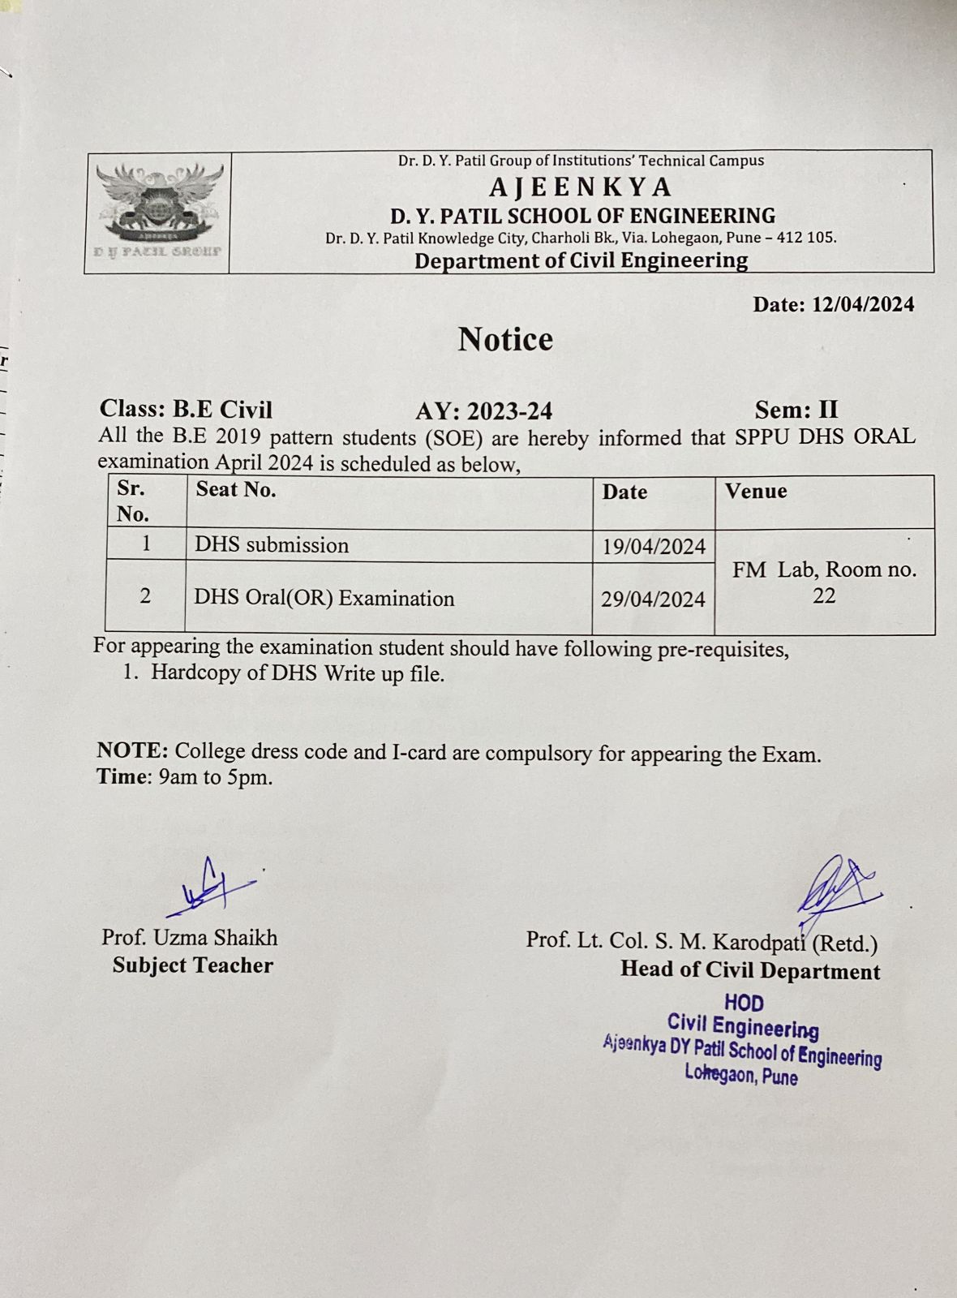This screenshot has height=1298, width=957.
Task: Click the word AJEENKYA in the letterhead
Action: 580,187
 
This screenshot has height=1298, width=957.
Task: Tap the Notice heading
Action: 505,339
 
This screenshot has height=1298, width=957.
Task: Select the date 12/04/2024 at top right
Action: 863,304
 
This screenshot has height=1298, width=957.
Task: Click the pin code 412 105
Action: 806,238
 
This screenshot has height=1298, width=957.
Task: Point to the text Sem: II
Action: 796,409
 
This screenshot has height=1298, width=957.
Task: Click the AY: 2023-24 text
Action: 483,410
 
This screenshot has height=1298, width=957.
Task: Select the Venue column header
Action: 756,491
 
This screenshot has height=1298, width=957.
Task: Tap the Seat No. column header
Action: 235,489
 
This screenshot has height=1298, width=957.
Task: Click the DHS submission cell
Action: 272,544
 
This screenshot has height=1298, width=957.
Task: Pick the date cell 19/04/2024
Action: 654,547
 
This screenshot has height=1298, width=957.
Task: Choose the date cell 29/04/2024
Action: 653,600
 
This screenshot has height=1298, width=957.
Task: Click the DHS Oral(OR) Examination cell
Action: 324,599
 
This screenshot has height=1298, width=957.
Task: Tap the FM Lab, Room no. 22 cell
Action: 824,582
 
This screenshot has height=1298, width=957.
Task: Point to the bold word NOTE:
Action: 132,750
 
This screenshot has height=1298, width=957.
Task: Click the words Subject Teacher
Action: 193,965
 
